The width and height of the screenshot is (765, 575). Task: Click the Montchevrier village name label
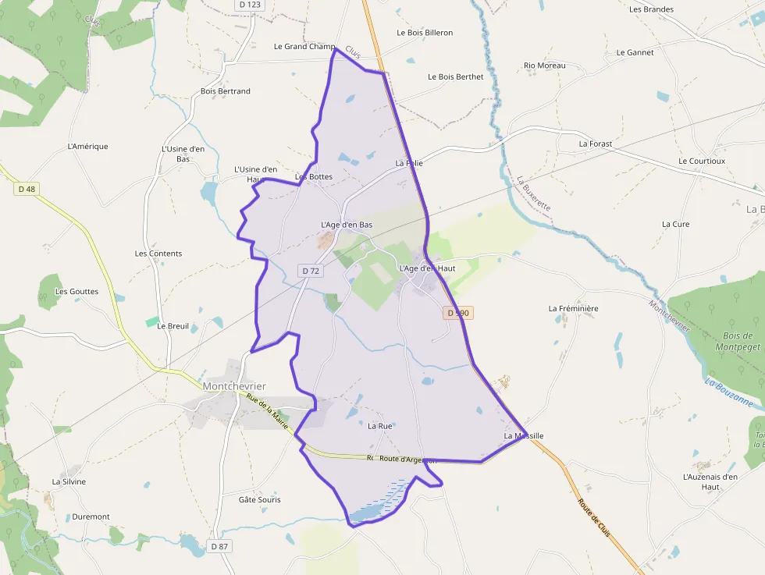coord(234,386)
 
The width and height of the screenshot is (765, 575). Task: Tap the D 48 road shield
coord(26,189)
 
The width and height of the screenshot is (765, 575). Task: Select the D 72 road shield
coord(310,271)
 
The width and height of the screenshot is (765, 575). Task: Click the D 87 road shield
coord(219,546)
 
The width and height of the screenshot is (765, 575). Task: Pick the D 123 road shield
coord(250,5)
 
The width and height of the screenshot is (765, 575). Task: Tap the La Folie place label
coord(409,163)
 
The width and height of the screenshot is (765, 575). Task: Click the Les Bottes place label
coord(314,176)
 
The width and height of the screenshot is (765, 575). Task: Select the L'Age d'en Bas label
coord(347,225)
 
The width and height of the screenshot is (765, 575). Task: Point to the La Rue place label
coord(379,426)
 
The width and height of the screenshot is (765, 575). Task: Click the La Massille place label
coord(523,435)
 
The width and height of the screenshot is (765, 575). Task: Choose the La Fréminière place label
coord(573,308)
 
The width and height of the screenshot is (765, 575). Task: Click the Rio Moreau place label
coord(544,66)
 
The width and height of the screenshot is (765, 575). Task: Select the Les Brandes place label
coord(651,9)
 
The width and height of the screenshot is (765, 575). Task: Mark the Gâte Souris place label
coord(259,499)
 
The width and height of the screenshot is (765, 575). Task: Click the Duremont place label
coord(91,516)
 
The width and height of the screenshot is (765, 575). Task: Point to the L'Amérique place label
coord(88,146)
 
